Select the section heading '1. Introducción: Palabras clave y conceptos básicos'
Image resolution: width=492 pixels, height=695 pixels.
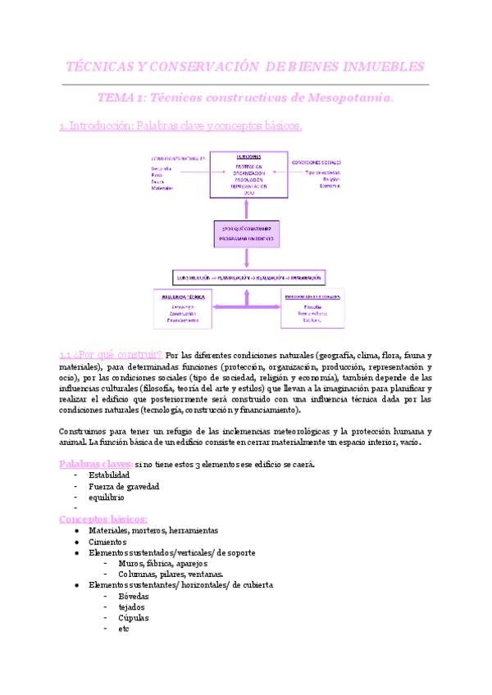coord(180,126)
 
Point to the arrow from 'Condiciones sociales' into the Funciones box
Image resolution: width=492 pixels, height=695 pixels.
coord(303,172)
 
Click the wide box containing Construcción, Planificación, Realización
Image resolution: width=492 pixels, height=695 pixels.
coord(249,276)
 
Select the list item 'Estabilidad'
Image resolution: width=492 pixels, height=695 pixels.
coord(109,475)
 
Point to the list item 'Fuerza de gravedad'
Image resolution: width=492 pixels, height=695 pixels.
coord(124,486)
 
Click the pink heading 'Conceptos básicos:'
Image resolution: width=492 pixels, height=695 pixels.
coord(103,519)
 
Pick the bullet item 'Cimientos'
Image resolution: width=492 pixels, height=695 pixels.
coord(108,542)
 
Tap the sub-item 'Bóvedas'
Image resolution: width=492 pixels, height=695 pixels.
coord(134,597)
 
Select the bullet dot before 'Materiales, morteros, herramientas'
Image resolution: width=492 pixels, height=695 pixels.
coord(76,531)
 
